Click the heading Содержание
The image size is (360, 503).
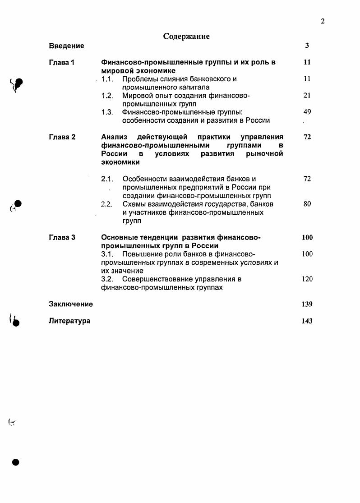pyautogui.click(x=186, y=36)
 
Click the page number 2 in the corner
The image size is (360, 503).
pyautogui.click(x=323, y=21)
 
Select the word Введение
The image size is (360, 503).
pyautogui.click(x=66, y=46)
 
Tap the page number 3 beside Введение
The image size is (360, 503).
pyautogui.click(x=307, y=46)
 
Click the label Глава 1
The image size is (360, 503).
pyautogui.click(x=61, y=62)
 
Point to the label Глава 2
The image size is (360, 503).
pyautogui.click(x=62, y=137)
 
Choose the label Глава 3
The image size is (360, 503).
pyautogui.click(x=62, y=237)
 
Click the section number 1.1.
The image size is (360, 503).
pyautogui.click(x=107, y=79)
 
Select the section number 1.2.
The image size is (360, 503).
pyautogui.click(x=107, y=96)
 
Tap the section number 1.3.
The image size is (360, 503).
pyautogui.click(x=107, y=112)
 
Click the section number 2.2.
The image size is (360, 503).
pyautogui.click(x=107, y=204)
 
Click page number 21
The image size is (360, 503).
pyautogui.click(x=307, y=96)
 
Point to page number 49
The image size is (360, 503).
pyautogui.click(x=307, y=112)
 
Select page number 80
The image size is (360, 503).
pyautogui.click(x=307, y=204)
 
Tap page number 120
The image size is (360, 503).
pyautogui.click(x=307, y=279)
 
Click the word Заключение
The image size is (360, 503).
pyautogui.click(x=71, y=304)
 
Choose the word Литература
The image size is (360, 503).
pyautogui.click(x=69, y=321)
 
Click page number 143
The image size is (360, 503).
pyautogui.click(x=307, y=321)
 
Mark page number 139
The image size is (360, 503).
pyautogui.click(x=307, y=304)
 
